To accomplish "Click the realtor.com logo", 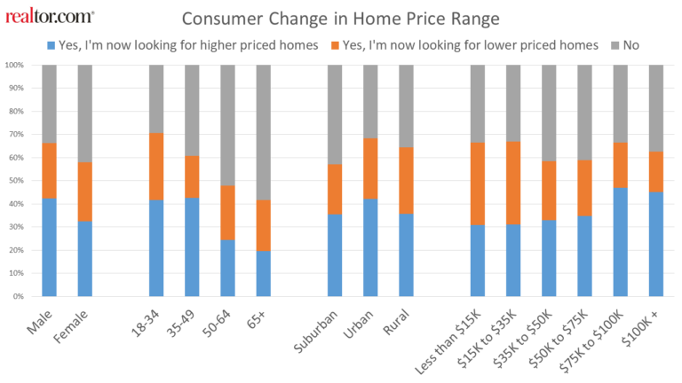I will click(50, 16).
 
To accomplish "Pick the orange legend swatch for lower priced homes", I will click(335, 45).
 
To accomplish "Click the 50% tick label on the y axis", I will click(15, 181).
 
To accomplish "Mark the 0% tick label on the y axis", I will click(18, 296).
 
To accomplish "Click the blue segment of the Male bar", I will click(50, 247).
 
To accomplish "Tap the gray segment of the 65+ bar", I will click(264, 133).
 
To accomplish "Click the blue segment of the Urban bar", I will click(370, 247).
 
